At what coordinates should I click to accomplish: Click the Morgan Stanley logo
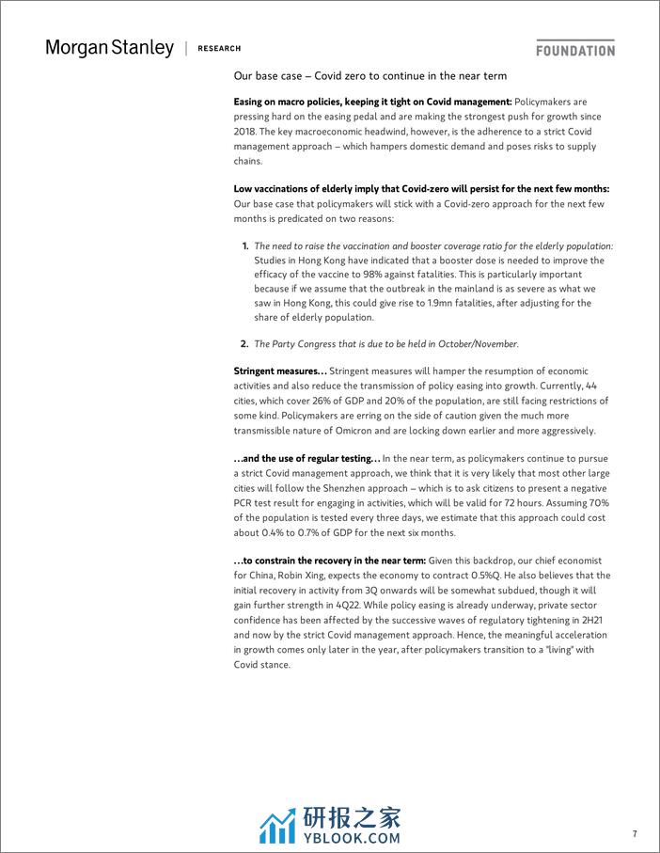click(x=109, y=47)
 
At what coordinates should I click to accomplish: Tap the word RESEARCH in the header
click(x=220, y=48)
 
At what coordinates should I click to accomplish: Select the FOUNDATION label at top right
click(x=575, y=50)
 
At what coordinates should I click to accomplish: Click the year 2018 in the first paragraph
click(x=245, y=133)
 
